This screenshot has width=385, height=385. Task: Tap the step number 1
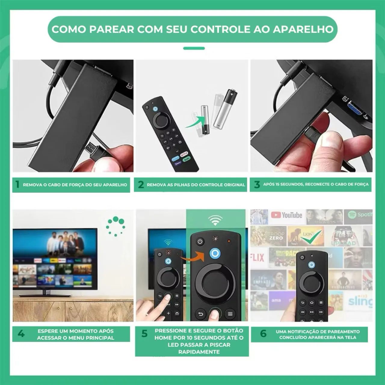(17, 184)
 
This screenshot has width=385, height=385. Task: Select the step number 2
(141, 185)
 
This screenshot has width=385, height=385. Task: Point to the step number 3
(257, 184)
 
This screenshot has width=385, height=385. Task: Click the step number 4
(21, 334)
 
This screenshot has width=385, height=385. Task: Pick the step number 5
(144, 334)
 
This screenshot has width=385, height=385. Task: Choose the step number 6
(263, 334)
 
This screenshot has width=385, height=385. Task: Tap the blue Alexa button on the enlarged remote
(215, 254)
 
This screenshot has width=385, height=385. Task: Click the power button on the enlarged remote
(200, 242)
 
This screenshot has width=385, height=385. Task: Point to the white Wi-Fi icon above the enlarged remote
(215, 220)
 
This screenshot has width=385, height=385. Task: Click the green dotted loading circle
(116, 226)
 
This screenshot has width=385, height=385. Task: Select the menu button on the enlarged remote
(230, 314)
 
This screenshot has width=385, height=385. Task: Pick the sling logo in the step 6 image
(360, 301)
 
